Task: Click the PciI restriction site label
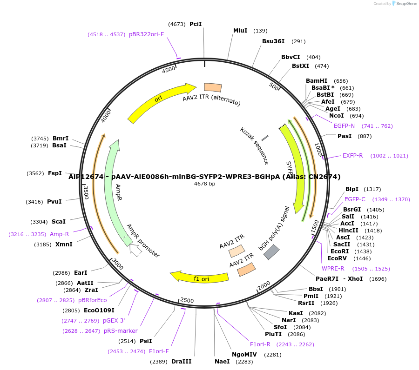(x=196, y=24)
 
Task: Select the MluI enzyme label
(x=240, y=31)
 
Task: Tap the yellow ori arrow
(x=158, y=100)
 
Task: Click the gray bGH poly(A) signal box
(x=271, y=252)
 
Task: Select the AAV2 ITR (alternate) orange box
(x=213, y=87)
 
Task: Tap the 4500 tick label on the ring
(x=169, y=69)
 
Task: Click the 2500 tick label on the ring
(x=187, y=300)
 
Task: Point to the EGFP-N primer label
(x=344, y=126)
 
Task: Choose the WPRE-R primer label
(x=333, y=269)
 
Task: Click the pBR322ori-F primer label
(x=146, y=34)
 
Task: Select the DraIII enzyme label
(x=181, y=361)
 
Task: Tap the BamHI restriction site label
(x=317, y=81)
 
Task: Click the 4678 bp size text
(x=204, y=184)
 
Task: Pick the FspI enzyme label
(x=55, y=173)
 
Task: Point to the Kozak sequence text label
(x=255, y=145)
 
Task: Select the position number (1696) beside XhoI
(x=378, y=279)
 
